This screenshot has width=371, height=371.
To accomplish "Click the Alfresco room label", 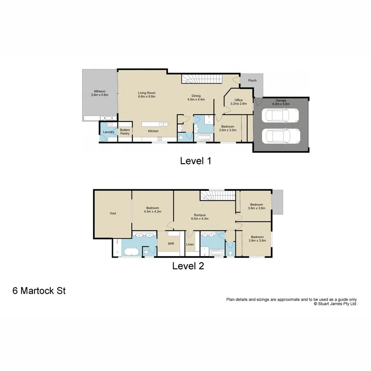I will pyautogui.click(x=98, y=92).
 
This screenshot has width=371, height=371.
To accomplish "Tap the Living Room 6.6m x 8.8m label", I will pyautogui.click(x=146, y=94).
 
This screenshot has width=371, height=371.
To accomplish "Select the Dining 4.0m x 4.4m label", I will pyautogui.click(x=196, y=97).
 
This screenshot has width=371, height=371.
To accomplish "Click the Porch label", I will pyautogui.click(x=252, y=80).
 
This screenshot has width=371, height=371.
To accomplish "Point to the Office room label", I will pyautogui.click(x=238, y=102).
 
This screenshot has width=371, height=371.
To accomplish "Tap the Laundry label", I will pyautogui.click(x=108, y=132).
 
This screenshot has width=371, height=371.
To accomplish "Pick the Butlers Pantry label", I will pyautogui.click(x=125, y=131).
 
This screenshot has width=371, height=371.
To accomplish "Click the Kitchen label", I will pyautogui.click(x=153, y=131).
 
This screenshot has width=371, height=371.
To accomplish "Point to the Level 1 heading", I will pyautogui.click(x=195, y=161).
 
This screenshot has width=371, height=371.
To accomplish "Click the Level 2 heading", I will pyautogui.click(x=188, y=266).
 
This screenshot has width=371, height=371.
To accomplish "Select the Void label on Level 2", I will pyautogui.click(x=113, y=213).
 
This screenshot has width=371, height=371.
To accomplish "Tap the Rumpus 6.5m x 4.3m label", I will pyautogui.click(x=200, y=217).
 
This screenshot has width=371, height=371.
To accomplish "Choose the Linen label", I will pyautogui.click(x=190, y=244).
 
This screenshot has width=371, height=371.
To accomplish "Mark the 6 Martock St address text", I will pyautogui.click(x=39, y=291).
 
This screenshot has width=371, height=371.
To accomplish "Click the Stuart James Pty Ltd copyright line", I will pyautogui.click(x=336, y=303).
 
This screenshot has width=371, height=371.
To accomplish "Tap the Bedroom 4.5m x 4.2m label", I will pyautogui.click(x=153, y=210).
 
